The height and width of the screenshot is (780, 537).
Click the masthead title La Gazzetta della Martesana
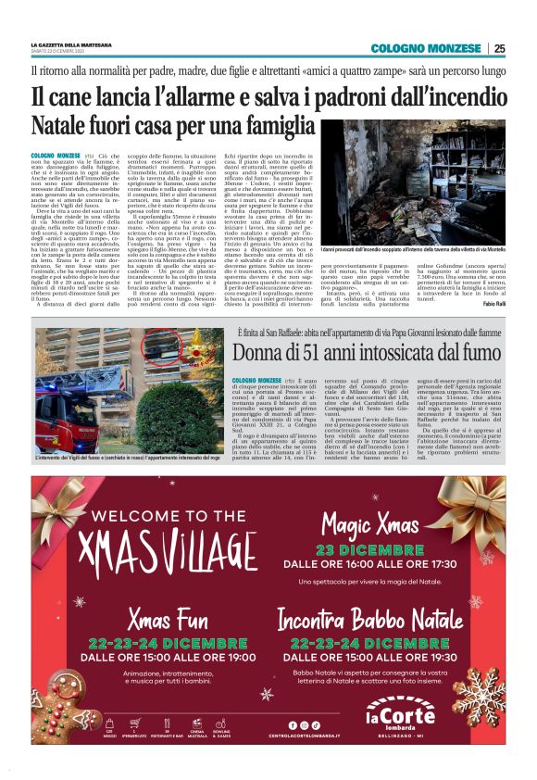[x=73, y=44]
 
